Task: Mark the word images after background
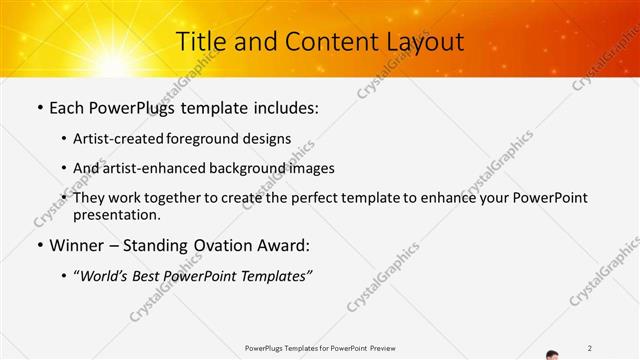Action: [311, 168]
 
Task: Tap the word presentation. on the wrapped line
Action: [117, 214]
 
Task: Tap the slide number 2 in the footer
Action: [590, 347]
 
